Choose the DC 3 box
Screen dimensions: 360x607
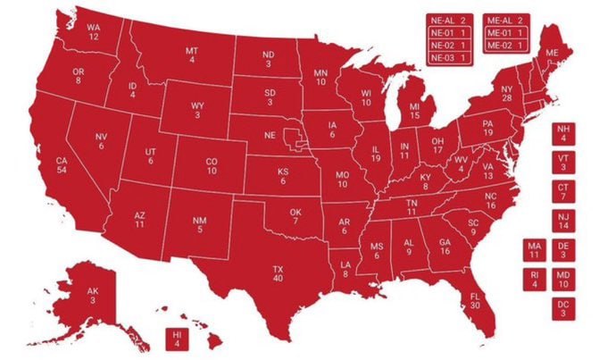coord(564,308)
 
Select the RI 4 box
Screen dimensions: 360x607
coord(535,280)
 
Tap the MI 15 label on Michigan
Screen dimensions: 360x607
coord(414,112)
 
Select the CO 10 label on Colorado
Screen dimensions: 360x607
coord(212,166)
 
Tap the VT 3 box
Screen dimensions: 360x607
coord(563,163)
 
